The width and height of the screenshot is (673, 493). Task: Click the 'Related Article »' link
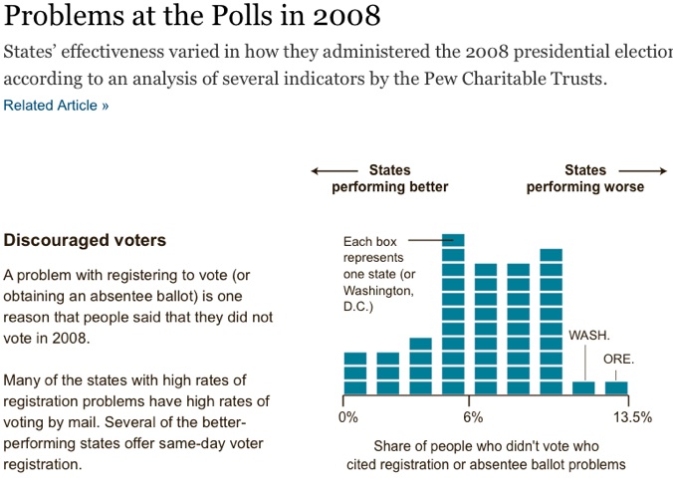(57, 106)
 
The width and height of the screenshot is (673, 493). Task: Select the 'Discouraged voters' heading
(86, 240)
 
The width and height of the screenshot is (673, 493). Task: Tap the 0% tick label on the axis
(348, 417)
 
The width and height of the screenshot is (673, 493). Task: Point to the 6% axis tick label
(473, 417)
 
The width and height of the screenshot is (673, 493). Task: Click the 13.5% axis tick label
(632, 417)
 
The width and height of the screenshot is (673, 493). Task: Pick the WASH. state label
(589, 336)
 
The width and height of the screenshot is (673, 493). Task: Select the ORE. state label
(618, 359)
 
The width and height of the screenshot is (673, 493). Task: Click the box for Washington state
(584, 387)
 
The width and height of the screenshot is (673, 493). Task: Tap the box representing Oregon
(617, 387)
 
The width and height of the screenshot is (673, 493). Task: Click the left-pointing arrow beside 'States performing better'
(328, 170)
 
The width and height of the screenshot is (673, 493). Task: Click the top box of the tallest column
(454, 239)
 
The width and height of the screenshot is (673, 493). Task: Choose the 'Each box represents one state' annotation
(377, 274)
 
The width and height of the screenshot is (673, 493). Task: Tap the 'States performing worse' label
(584, 178)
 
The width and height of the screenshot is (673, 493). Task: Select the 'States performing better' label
(390, 178)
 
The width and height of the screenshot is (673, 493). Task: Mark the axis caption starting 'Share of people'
(487, 454)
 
